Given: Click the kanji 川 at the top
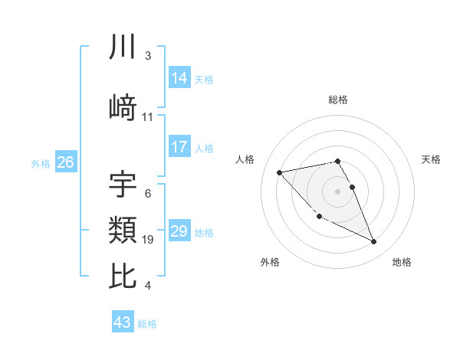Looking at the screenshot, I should coord(123,47).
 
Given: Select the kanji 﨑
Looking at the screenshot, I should coord(123,106).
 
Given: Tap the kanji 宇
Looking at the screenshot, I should coord(123,184).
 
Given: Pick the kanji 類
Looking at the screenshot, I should coord(123,229).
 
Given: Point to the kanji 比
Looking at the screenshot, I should coord(123,276).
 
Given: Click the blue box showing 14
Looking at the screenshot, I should coord(179,78).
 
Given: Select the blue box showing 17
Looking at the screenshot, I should coord(179,147).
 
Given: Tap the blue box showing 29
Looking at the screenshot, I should coord(179,231).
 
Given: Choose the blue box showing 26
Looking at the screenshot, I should coord(65,162).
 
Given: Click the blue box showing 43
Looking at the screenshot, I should coord(122,322).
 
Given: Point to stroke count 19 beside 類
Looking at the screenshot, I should coord(149,241).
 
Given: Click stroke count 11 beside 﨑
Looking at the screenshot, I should coord(148,117).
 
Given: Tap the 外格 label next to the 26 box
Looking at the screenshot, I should coord(41,163).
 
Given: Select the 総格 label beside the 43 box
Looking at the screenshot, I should coord(147,324).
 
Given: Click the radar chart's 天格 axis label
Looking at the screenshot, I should coord(432,159).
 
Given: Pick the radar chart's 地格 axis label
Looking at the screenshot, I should coord(402,262).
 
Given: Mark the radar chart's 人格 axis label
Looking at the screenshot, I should coord(246,159).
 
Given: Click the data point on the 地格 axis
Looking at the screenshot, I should coord(374,242).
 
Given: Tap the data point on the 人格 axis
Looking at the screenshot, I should coord(279,172).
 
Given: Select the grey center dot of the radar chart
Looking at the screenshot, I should coord(337,191).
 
